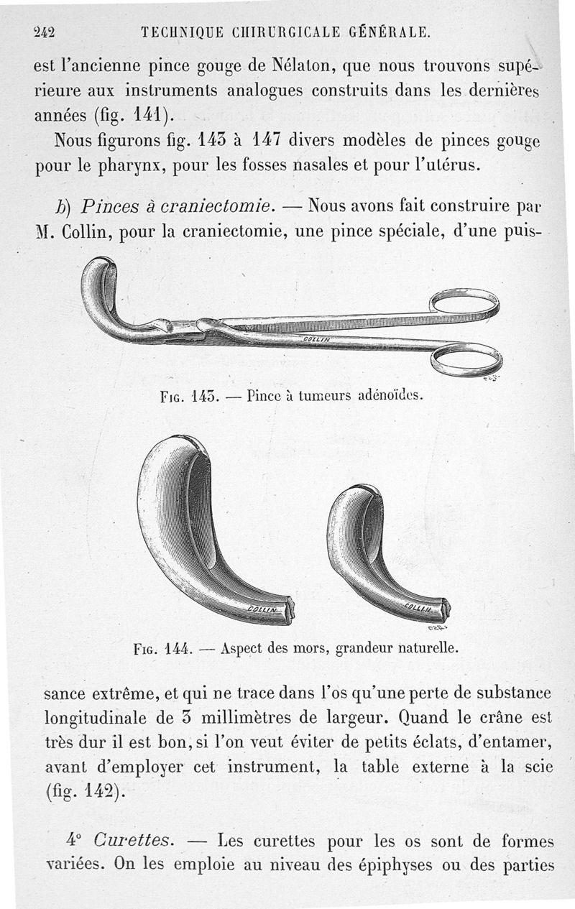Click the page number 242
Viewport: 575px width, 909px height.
click(x=45, y=32)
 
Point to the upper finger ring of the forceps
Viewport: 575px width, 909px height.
click(x=463, y=303)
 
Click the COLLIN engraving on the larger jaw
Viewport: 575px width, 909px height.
click(x=263, y=609)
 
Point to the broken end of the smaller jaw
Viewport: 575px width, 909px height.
click(x=445, y=609)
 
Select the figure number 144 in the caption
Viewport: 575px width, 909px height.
click(x=175, y=647)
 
